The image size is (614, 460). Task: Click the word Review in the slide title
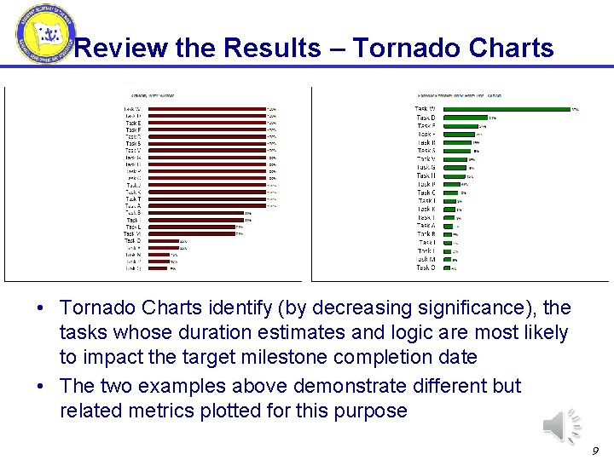click(x=120, y=49)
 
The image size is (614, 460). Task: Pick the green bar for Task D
click(x=464, y=118)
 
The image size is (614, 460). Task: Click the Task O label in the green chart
click(x=425, y=267)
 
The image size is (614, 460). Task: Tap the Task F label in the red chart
click(x=133, y=129)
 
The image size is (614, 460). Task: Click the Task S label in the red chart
click(x=133, y=144)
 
